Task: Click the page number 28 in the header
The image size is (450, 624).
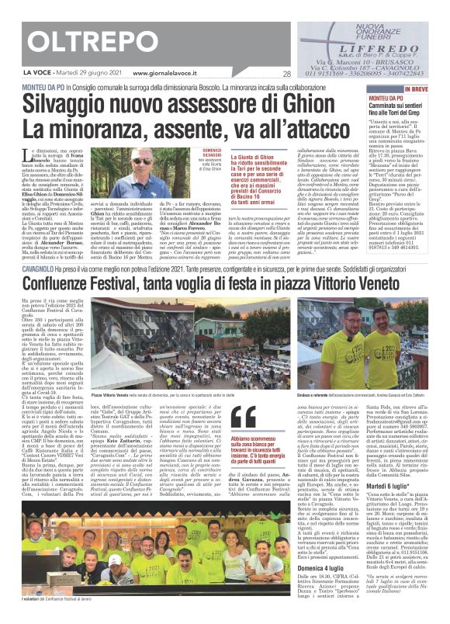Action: coord(286,75)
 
